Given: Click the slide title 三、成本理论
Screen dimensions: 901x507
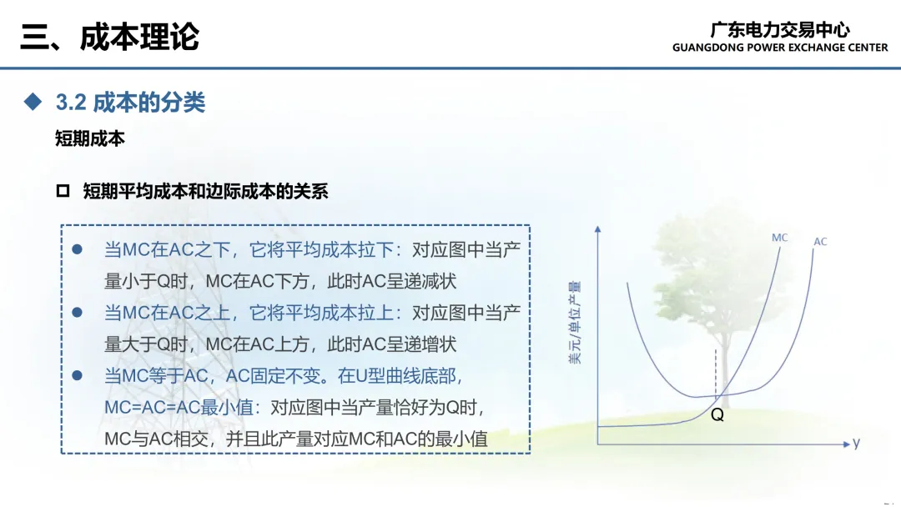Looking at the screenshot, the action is pyautogui.click(x=110, y=37).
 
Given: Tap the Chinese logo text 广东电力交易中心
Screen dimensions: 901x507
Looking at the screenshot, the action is pyautogui.click(x=780, y=28).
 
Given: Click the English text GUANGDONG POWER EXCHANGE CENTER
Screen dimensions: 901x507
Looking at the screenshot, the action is pyautogui.click(x=780, y=48).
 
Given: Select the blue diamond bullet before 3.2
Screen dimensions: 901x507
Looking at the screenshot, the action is pyautogui.click(x=33, y=102).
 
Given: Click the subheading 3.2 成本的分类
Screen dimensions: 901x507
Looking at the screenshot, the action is pyautogui.click(x=130, y=103).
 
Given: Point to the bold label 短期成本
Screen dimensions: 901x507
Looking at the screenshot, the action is pyautogui.click(x=89, y=138).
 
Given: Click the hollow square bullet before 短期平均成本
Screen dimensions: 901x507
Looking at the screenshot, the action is pyautogui.click(x=63, y=191).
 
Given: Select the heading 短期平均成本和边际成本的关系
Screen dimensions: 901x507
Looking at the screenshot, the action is pyautogui.click(x=205, y=191).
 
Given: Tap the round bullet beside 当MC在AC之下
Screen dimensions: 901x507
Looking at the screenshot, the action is pyautogui.click(x=77, y=249).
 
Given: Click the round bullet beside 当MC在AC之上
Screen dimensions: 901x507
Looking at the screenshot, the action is pyautogui.click(x=77, y=313).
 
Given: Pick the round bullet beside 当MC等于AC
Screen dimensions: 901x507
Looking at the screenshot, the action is pyautogui.click(x=77, y=375).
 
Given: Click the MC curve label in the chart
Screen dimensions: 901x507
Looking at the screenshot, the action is pyautogui.click(x=780, y=238).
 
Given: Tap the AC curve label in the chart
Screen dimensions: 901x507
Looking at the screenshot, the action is pyautogui.click(x=820, y=242).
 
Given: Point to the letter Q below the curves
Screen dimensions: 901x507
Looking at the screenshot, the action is pyautogui.click(x=717, y=414).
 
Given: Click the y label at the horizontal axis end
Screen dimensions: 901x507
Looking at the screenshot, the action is pyautogui.click(x=856, y=443).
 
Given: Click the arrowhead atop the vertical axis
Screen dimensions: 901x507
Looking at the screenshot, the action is pyautogui.click(x=598, y=229).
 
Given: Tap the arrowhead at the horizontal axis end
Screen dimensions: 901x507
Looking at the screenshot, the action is pyautogui.click(x=846, y=444).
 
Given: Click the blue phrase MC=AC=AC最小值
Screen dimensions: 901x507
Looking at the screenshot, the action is pyautogui.click(x=179, y=407).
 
